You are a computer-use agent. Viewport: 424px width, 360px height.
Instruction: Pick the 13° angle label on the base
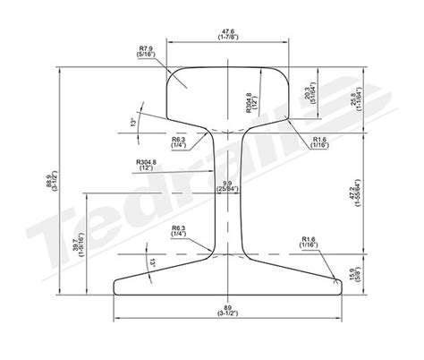[155, 261]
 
